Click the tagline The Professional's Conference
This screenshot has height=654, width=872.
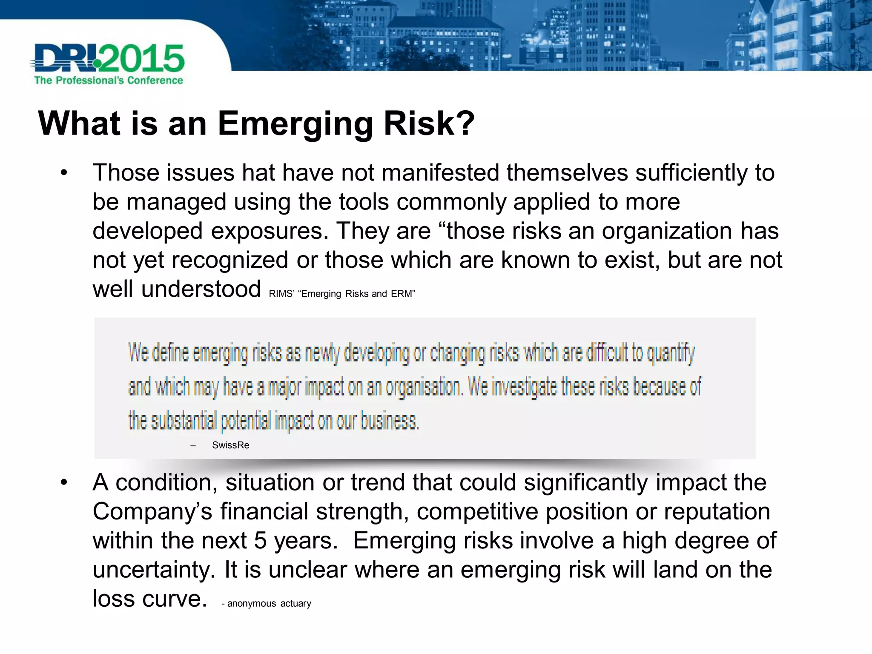(109, 80)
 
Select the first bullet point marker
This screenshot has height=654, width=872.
(64, 173)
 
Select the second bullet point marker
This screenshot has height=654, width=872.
(64, 482)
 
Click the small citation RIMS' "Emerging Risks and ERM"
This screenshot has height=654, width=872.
(342, 294)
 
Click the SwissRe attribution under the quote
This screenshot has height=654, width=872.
(230, 445)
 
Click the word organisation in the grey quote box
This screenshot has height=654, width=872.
(423, 387)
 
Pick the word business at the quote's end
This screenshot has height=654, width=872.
(390, 421)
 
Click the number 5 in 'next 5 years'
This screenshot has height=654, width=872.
(261, 541)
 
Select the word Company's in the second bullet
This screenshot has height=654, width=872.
(152, 511)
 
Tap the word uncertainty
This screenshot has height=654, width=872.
(154, 570)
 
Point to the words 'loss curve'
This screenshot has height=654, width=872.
(149, 599)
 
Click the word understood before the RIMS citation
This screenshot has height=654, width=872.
(201, 289)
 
